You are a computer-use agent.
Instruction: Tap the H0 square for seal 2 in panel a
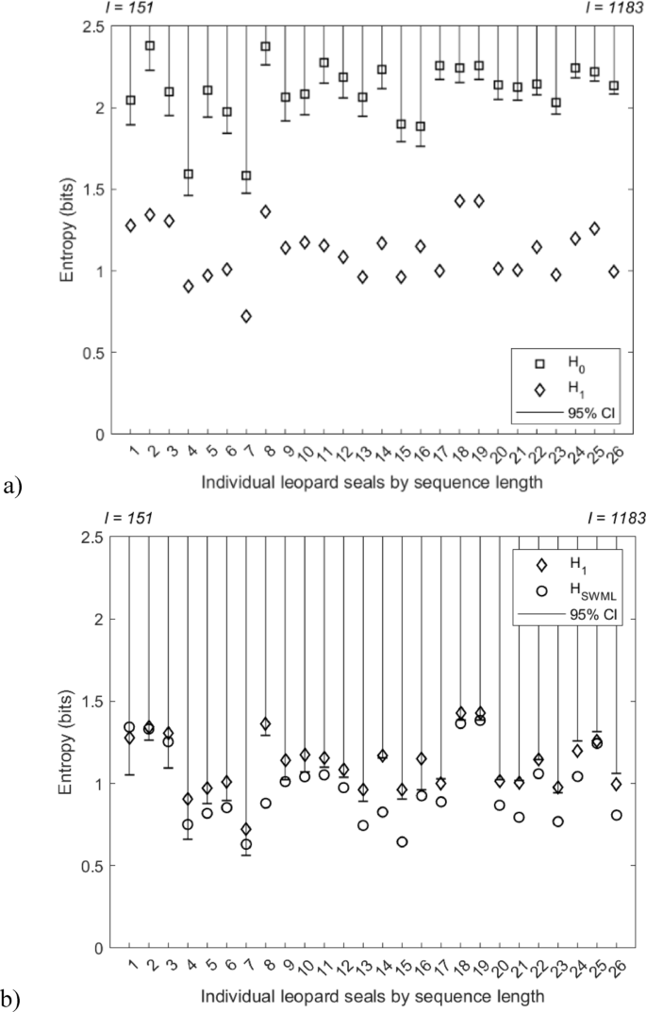point(149,45)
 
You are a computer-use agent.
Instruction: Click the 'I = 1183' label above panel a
point(615,8)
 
